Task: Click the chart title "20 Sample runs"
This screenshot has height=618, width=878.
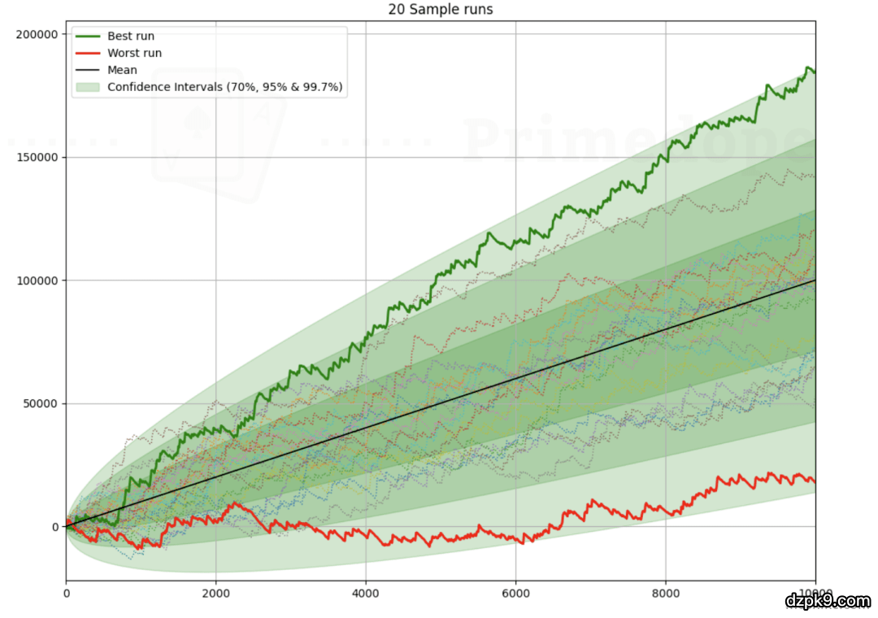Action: pos(440,10)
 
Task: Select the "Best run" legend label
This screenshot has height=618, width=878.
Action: pos(130,36)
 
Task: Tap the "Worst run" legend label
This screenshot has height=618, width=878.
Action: pos(134,53)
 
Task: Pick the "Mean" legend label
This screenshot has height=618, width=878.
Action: pos(122,70)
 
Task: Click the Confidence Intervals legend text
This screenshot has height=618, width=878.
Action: pos(227,87)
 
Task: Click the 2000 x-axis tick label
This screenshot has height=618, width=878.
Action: pos(215,594)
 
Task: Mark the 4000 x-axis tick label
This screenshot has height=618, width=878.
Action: pos(366,594)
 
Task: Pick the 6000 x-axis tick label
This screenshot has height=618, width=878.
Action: pos(515,594)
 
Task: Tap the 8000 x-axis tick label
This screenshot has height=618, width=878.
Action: pos(665,594)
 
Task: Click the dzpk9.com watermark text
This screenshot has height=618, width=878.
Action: pos(828,601)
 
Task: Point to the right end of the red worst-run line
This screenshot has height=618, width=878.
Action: pos(815,481)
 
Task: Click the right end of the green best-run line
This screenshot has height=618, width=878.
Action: pos(815,72)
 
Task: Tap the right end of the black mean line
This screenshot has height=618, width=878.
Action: pos(815,281)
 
